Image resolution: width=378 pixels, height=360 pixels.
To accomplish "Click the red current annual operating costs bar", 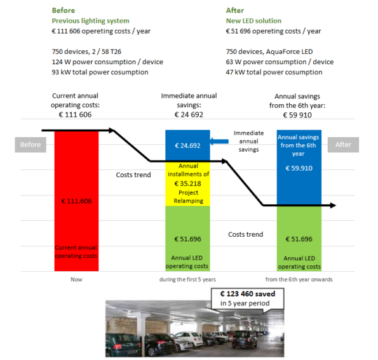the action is point(76,201).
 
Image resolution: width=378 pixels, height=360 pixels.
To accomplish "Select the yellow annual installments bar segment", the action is point(187,183).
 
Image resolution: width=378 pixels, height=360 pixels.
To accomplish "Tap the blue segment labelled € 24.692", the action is point(187,145).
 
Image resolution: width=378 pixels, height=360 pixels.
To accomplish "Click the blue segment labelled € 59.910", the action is point(299,168).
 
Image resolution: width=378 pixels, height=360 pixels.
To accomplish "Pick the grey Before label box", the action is point(30,145).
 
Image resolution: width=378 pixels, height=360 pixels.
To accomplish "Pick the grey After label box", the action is point(343,145).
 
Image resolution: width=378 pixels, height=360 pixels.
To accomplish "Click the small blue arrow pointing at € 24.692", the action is point(219,142).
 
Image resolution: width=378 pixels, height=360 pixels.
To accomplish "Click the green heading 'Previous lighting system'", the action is point(91,21).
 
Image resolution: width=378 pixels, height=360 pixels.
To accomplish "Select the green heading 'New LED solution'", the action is point(253,21).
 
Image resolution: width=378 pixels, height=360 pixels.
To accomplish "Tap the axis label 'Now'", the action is point(76,279).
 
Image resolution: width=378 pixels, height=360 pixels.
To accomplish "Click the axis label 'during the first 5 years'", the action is point(187,279).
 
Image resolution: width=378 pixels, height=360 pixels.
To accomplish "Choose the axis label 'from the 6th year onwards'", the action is point(299,279).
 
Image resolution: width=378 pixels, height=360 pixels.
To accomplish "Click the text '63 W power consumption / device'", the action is point(280,62).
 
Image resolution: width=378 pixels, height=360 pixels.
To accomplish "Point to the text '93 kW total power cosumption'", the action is point(100,72).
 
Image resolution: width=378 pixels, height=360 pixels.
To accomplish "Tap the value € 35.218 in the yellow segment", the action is point(187,183).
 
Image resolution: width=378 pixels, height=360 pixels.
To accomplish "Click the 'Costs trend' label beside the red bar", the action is point(133,175).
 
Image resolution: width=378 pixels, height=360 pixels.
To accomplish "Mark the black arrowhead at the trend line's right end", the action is point(333,206).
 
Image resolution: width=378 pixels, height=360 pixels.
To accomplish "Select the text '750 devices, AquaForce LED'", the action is point(269,52).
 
